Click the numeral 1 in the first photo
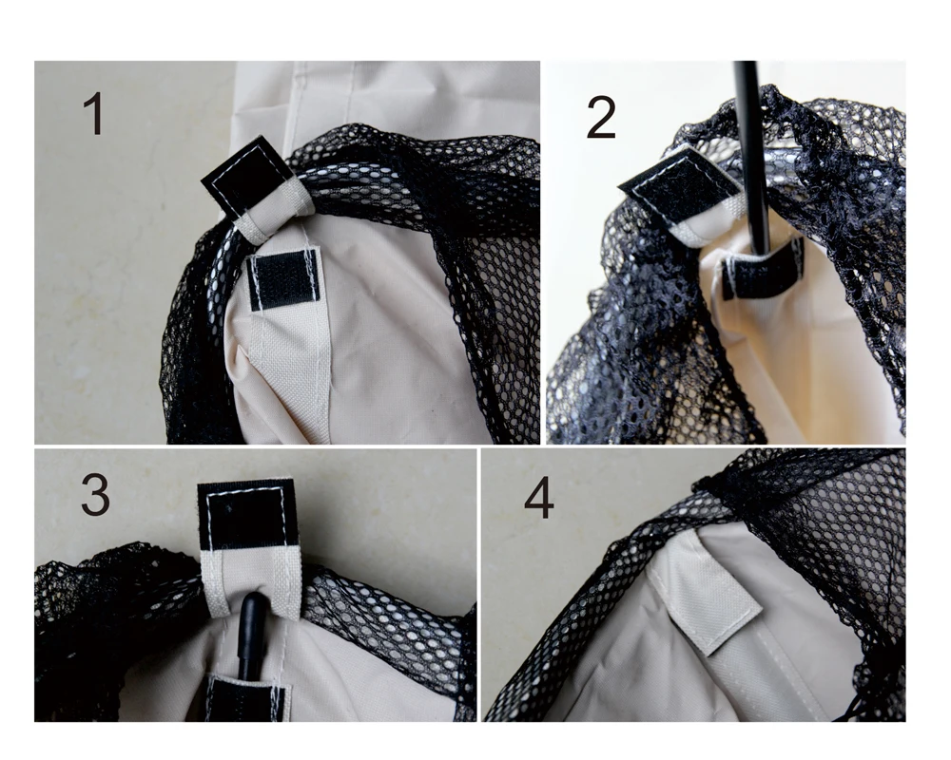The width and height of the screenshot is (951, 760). (x=93, y=113)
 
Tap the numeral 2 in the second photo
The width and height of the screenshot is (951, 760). (x=601, y=118)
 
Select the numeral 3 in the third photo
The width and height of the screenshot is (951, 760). (x=95, y=495)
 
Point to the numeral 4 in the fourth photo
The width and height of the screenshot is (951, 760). (x=538, y=498)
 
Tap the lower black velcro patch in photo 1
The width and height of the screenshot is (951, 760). (x=284, y=279)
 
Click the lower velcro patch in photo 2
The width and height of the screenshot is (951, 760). (x=763, y=272)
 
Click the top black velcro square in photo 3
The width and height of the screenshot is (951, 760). (x=247, y=515)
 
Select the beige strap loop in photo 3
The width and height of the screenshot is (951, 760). (x=250, y=585)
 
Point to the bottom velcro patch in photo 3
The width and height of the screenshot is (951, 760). (x=247, y=699)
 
